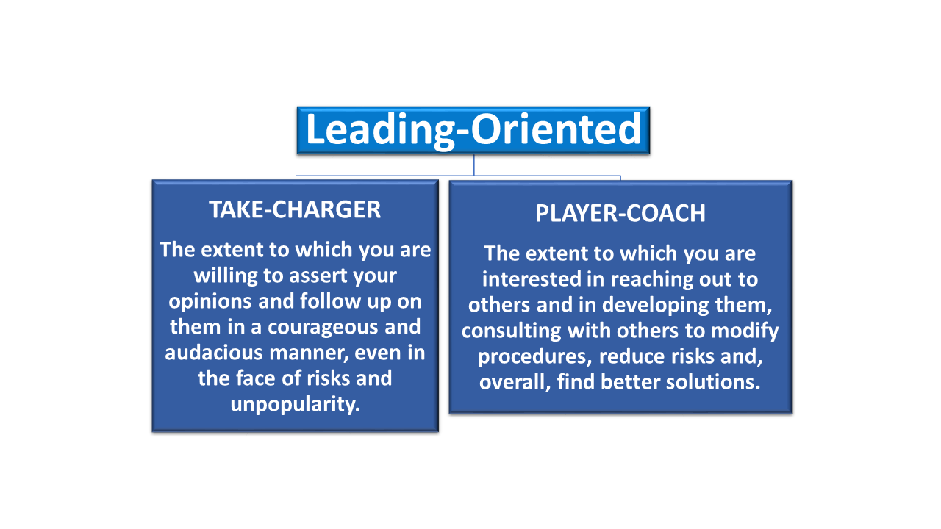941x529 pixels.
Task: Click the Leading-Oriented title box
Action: [473, 130]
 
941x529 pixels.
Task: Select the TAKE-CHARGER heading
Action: [295, 209]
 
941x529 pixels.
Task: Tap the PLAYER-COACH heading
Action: [620, 213]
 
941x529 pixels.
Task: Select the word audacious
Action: [214, 353]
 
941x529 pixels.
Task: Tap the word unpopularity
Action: [296, 405]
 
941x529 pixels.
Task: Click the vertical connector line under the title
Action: [474, 165]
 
